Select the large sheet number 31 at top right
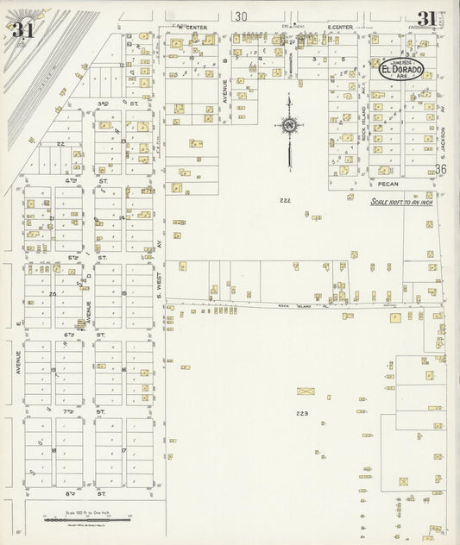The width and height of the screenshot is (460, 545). click(x=426, y=19)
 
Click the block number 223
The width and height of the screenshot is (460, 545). click(x=301, y=414)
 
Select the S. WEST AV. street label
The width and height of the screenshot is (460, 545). click(x=160, y=280)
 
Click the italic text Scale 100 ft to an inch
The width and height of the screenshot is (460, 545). click(x=400, y=202)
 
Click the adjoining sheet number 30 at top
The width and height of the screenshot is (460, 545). click(x=240, y=16)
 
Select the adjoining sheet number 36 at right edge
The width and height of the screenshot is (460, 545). click(x=441, y=170)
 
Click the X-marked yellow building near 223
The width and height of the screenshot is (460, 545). click(x=306, y=391)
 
